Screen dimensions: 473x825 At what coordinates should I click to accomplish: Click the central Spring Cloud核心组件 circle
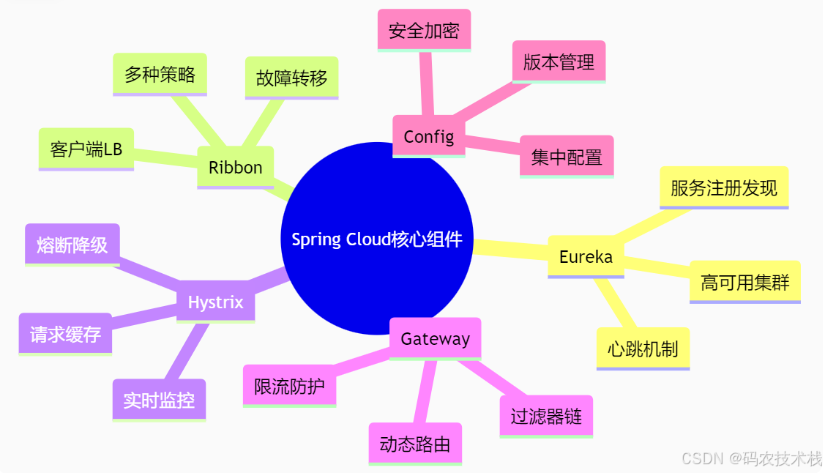pyautogui.click(x=377, y=239)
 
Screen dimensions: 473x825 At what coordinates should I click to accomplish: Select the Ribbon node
pyautogui.click(x=235, y=167)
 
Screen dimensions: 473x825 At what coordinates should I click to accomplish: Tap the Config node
pyautogui.click(x=429, y=136)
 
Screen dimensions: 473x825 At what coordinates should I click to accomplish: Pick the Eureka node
pyautogui.click(x=586, y=256)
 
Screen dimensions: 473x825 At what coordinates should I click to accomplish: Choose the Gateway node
pyautogui.click(x=435, y=338)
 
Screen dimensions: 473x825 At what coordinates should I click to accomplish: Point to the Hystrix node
pyautogui.click(x=215, y=302)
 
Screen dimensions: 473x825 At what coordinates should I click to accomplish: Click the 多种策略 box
pyautogui.click(x=160, y=74)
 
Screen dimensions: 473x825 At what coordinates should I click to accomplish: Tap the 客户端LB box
pyautogui.click(x=86, y=149)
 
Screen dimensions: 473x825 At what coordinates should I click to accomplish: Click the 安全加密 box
pyautogui.click(x=424, y=30)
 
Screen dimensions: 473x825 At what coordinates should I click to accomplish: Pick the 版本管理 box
pyautogui.click(x=559, y=62)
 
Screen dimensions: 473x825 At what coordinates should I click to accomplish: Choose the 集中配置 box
pyautogui.click(x=567, y=156)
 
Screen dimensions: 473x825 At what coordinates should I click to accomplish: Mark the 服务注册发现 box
pyautogui.click(x=723, y=187)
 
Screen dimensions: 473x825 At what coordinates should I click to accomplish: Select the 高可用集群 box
pyautogui.click(x=744, y=282)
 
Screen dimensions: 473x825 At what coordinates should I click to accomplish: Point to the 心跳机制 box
pyautogui.click(x=643, y=349)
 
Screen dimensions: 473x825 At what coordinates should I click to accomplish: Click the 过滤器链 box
pyautogui.click(x=546, y=417)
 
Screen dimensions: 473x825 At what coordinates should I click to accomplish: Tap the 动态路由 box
pyautogui.click(x=415, y=444)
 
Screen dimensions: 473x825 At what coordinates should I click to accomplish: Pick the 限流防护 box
pyautogui.click(x=290, y=386)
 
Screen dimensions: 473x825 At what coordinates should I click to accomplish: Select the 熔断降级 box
pyautogui.click(x=72, y=245)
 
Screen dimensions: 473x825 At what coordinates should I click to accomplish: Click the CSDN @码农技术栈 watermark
pyautogui.click(x=751, y=458)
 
